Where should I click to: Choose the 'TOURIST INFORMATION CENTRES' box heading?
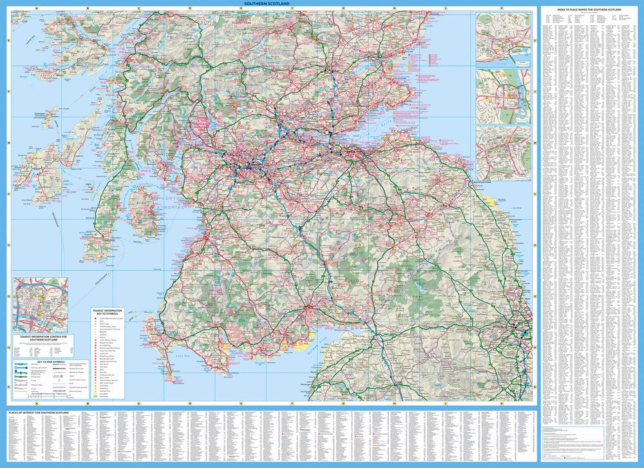[x=44, y=338]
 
